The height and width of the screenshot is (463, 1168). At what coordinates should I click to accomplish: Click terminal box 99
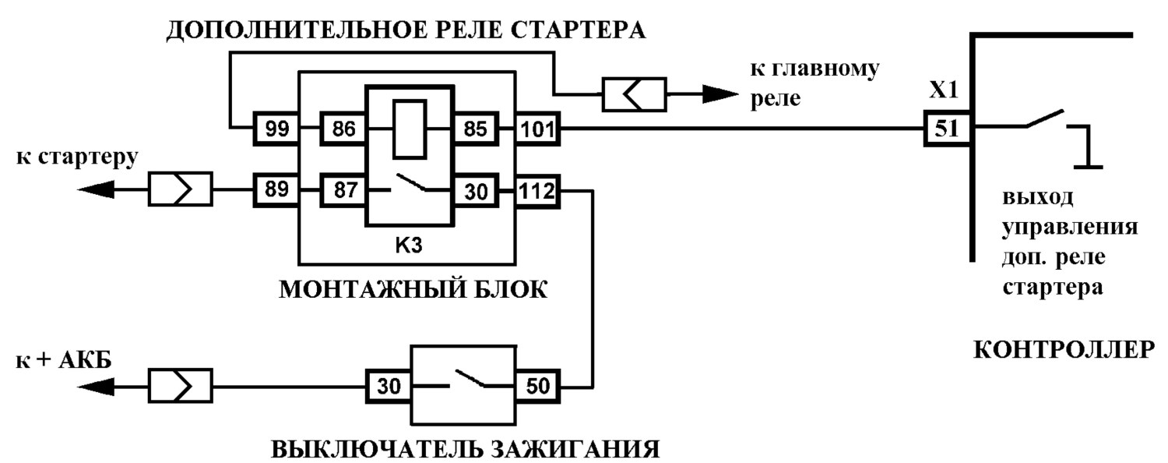pyautogui.click(x=276, y=129)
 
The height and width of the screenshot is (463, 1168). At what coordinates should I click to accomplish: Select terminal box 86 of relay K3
pyautogui.click(x=343, y=129)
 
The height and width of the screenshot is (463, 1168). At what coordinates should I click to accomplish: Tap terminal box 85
pyautogui.click(x=475, y=129)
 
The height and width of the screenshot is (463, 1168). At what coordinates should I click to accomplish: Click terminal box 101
pyautogui.click(x=537, y=129)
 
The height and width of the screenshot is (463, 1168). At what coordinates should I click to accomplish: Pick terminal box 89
pyautogui.click(x=276, y=190)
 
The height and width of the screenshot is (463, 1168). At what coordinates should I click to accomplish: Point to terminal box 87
pyautogui.click(x=343, y=190)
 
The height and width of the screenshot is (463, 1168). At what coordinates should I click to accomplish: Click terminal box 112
pyautogui.click(x=537, y=190)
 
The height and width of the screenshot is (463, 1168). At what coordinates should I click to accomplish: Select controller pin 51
pyautogui.click(x=947, y=129)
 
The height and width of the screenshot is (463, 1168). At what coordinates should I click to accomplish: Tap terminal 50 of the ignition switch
pyautogui.click(x=537, y=387)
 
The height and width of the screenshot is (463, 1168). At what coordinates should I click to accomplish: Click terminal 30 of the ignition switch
pyautogui.click(x=389, y=387)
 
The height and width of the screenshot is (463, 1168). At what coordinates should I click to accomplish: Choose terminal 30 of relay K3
pyautogui.click(x=475, y=190)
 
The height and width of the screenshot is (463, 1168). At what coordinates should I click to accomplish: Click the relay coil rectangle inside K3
pyautogui.click(x=410, y=129)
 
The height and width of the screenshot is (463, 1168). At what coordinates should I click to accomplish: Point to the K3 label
pyautogui.click(x=408, y=245)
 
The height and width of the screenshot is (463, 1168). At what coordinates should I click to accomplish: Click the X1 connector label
pyautogui.click(x=944, y=91)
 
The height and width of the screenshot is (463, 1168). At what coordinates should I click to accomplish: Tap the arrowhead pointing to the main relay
pyautogui.click(x=720, y=94)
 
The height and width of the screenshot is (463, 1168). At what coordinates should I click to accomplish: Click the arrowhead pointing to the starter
pyautogui.click(x=96, y=189)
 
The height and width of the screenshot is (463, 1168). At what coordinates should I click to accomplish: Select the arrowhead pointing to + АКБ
pyautogui.click(x=96, y=387)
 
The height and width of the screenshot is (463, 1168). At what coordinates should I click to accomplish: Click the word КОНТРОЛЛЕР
pyautogui.click(x=1064, y=350)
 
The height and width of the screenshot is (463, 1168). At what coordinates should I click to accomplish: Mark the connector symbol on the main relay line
pyautogui.click(x=635, y=94)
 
